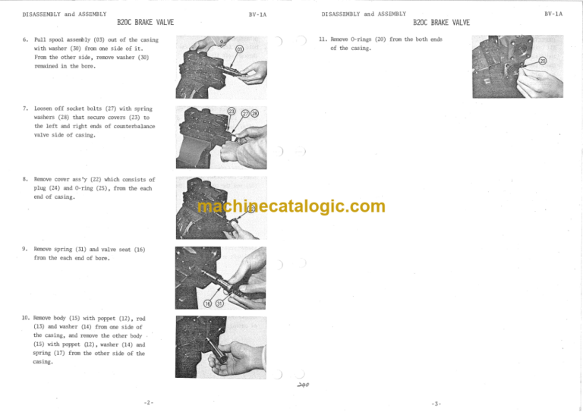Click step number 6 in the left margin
25,39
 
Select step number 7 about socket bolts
25,109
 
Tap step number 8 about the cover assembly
25,180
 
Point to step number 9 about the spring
25,250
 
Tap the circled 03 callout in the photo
240,50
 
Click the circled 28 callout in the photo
255,113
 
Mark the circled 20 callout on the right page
542,61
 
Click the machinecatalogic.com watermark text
291,206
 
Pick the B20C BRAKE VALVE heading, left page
146,23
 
